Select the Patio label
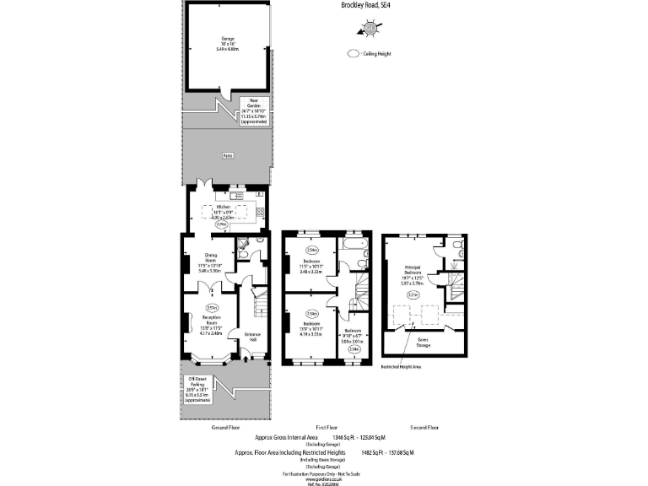[227, 156]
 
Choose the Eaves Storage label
[423, 342]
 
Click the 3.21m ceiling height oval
[413, 296]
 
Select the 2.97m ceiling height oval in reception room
[212, 306]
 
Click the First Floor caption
[327, 428]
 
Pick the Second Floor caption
[424, 428]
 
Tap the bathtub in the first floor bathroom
[350, 250]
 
